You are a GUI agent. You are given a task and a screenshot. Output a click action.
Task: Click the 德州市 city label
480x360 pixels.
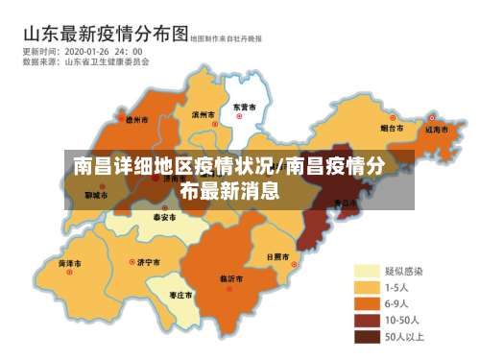[x=137, y=121]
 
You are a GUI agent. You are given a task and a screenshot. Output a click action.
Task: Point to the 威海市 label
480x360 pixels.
[x=438, y=127]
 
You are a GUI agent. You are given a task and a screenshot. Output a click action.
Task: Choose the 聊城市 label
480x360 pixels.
[x=96, y=195]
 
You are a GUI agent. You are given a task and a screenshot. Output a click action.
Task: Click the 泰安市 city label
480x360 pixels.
[x=164, y=218]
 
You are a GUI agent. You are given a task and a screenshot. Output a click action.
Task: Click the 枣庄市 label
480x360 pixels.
[x=180, y=295]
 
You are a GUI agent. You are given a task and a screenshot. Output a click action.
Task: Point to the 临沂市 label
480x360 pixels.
[x=233, y=278]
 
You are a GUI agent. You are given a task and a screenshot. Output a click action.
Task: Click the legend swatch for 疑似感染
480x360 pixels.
[x=368, y=272]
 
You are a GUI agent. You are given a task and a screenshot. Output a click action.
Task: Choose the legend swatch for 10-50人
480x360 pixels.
[x=368, y=321]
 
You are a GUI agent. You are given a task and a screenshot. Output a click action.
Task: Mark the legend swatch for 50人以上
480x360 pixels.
[x=368, y=337]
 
